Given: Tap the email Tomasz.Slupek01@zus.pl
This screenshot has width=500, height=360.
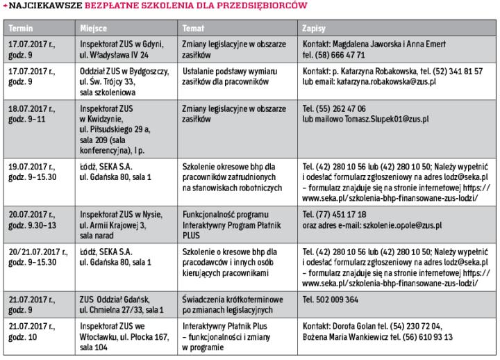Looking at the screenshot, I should [384, 119].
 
